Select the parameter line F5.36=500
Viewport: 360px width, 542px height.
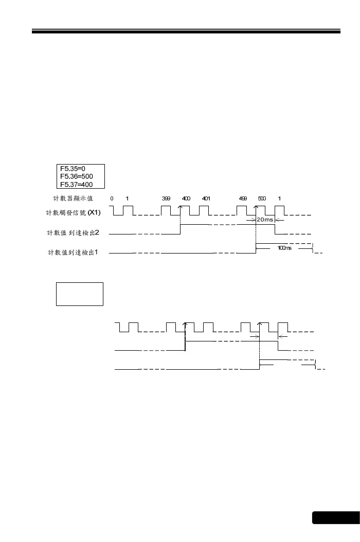point(76,176)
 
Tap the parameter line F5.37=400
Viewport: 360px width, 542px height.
point(76,185)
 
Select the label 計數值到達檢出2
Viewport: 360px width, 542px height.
point(73,233)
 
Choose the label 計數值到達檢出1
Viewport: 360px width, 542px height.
point(73,252)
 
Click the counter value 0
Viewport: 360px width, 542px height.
point(112,198)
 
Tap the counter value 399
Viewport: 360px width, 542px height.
point(166,198)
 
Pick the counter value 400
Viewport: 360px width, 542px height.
point(186,198)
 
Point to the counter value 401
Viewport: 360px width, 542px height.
point(206,198)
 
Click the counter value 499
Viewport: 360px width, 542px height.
point(243,198)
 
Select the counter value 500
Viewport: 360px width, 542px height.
point(262,198)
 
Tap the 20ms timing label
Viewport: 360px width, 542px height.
point(265,220)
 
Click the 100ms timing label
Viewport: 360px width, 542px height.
point(284,248)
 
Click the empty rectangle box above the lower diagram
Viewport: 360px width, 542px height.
point(80,294)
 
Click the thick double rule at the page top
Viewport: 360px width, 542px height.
point(186,31)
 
